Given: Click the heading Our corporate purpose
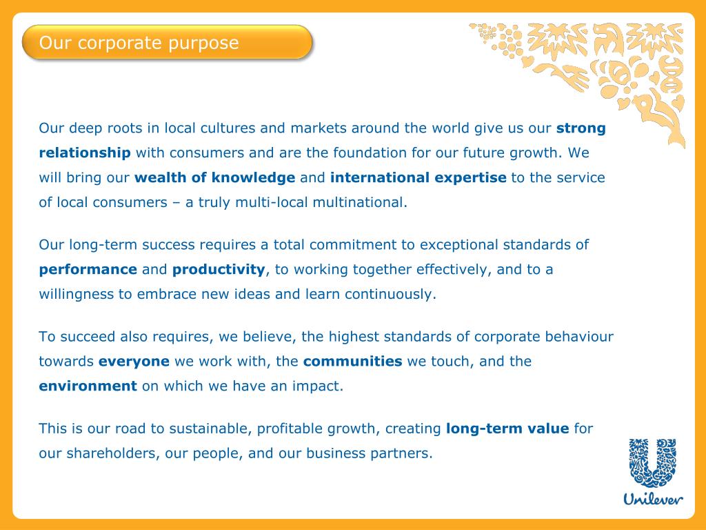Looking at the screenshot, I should point(139,43).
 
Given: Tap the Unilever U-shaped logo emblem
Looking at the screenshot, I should point(655,463).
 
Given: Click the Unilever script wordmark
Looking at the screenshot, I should point(654,498).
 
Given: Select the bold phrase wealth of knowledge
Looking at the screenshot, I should point(215,177).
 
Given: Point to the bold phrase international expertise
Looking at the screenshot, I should point(418,177).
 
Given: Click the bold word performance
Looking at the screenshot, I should point(88,269).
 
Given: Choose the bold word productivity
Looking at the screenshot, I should point(219,269).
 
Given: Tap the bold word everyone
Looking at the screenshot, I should point(134,361).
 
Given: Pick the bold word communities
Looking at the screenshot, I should point(352,361).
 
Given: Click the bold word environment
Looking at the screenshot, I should point(88,386).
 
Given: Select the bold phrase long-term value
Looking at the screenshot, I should point(507,429).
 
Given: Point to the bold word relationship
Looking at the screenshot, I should point(85,153).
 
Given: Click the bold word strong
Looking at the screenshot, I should point(581,128).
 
